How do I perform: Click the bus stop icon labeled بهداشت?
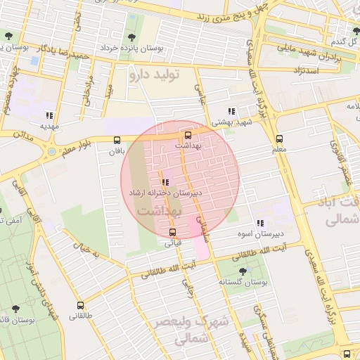click(x=188, y=135)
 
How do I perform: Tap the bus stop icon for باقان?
click(x=116, y=139)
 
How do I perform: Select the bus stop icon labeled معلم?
click(x=280, y=139)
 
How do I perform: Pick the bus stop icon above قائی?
click(x=173, y=233)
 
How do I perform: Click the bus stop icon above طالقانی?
click(x=80, y=306)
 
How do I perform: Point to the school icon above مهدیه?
click(x=49, y=115)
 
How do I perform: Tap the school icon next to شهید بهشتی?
click(x=231, y=111)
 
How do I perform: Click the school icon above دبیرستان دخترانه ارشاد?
click(x=165, y=181)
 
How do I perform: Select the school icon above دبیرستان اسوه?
click(x=260, y=224)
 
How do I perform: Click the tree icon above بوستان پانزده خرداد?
click(x=131, y=37)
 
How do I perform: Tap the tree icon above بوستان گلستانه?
click(x=243, y=271)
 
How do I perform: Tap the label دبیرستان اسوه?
click(x=259, y=234)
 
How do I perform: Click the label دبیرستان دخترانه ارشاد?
click(x=165, y=192)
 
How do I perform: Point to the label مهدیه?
click(x=49, y=127)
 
